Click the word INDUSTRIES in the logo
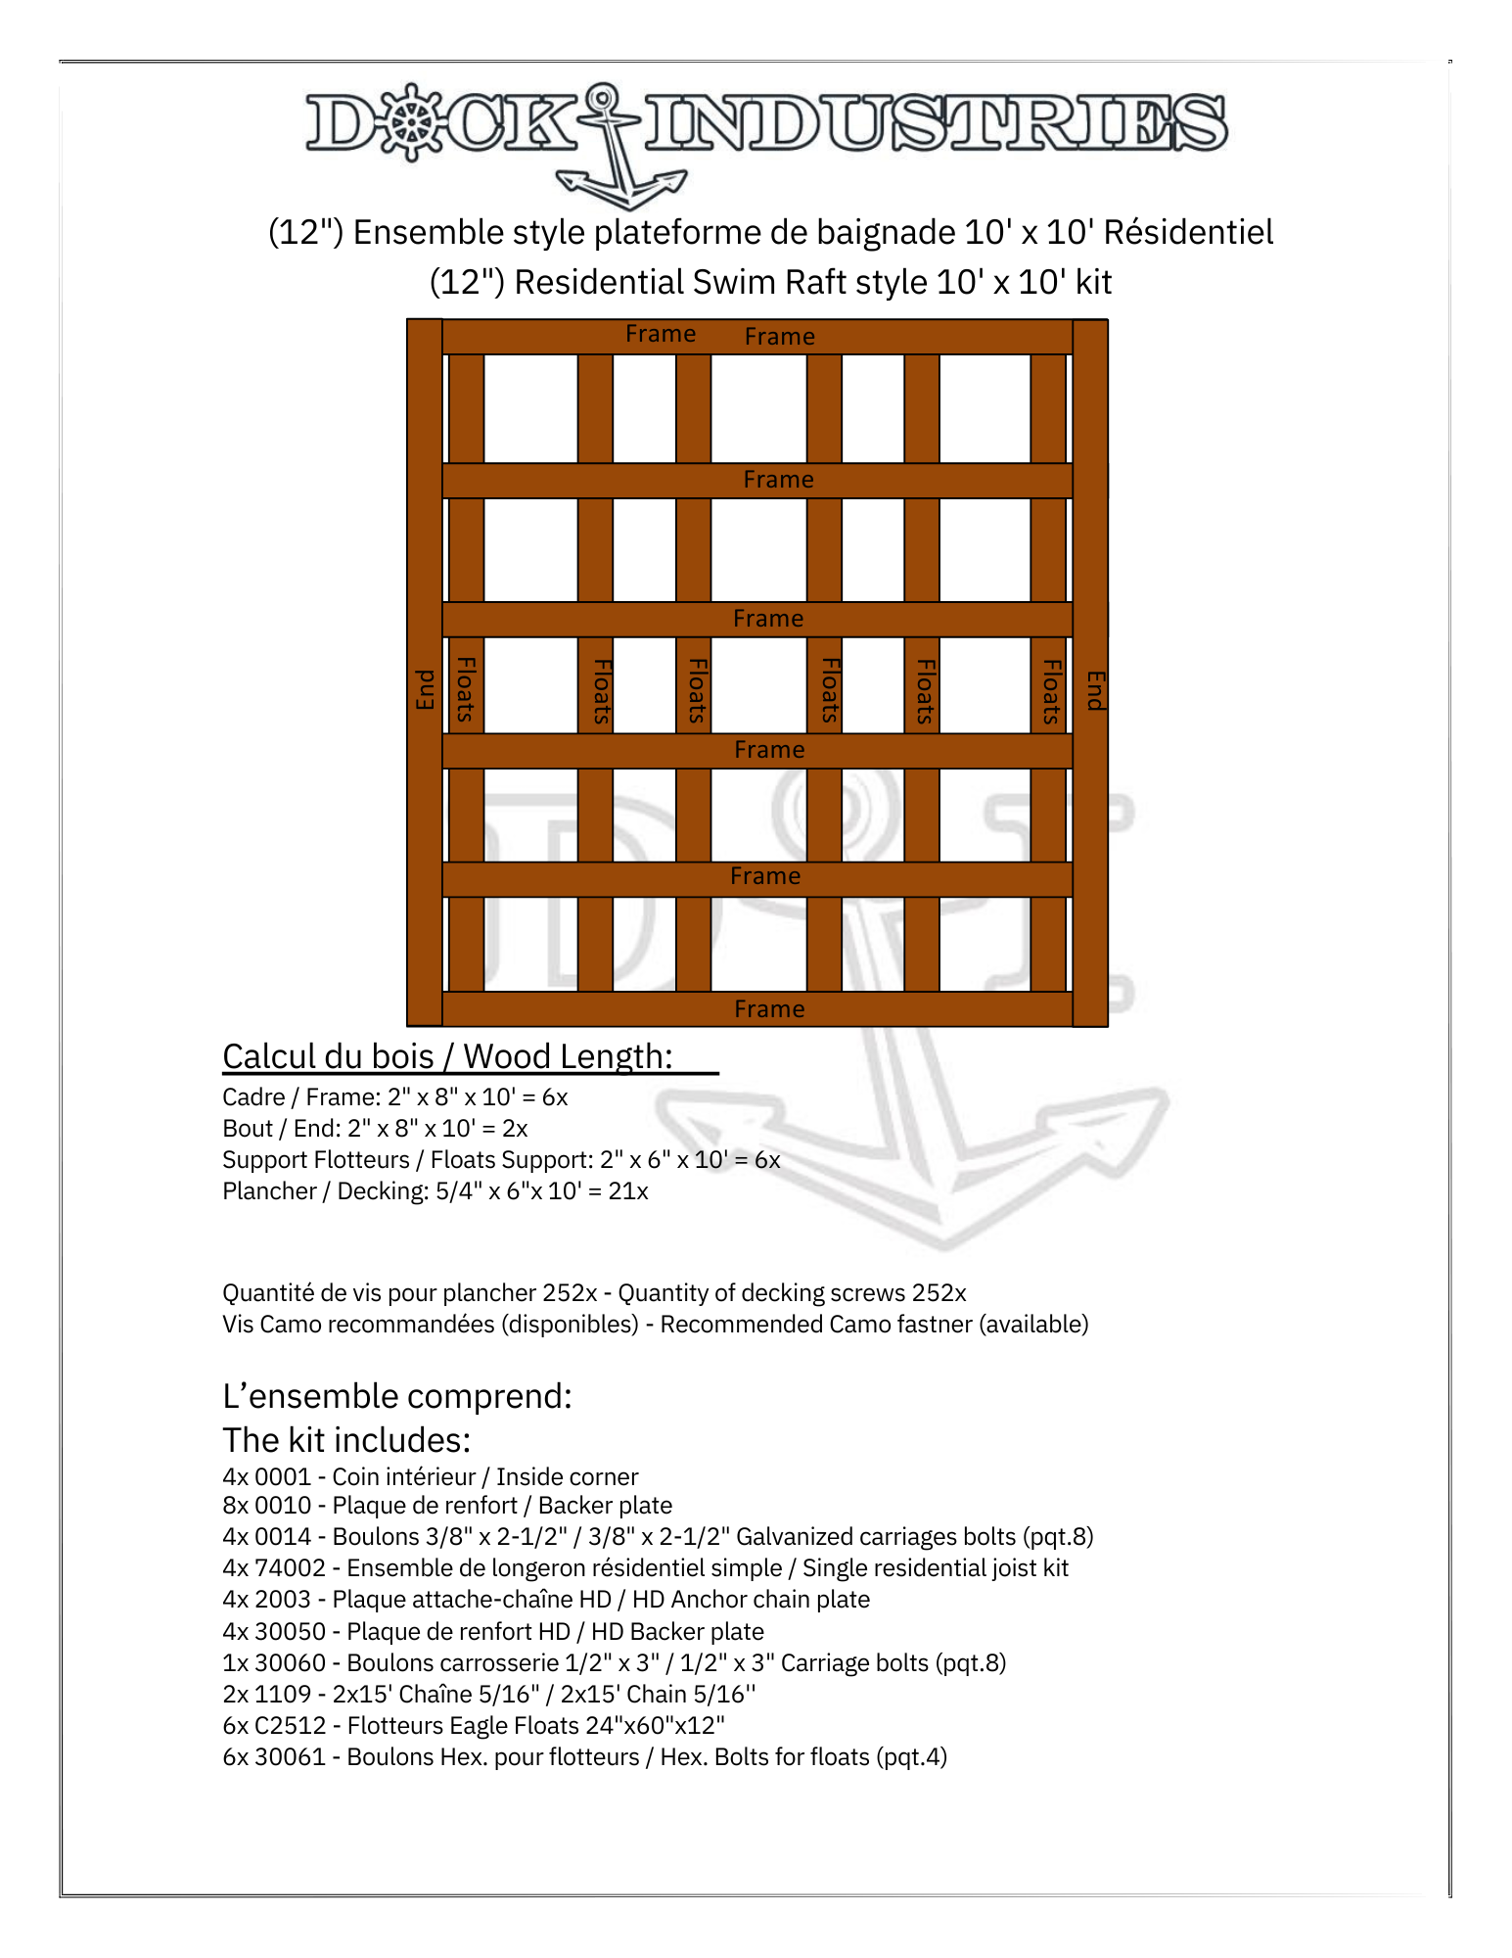(935, 123)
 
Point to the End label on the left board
(425, 689)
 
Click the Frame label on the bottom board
(769, 1009)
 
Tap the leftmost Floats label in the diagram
(466, 689)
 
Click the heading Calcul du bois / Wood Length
(447, 1057)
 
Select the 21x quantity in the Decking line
(628, 1191)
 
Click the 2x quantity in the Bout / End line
(515, 1129)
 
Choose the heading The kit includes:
(346, 1440)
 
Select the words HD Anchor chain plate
(751, 1600)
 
